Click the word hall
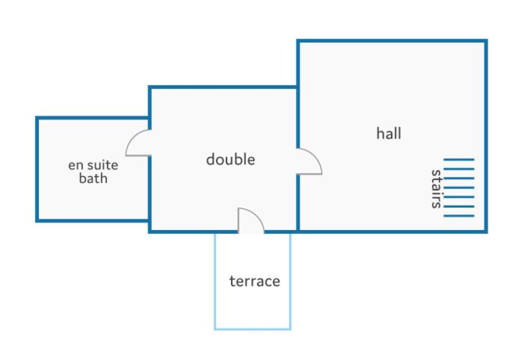click(x=389, y=133)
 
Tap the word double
click(x=230, y=159)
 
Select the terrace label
click(x=255, y=281)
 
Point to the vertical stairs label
click(x=436, y=189)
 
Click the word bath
click(x=93, y=178)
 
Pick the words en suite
click(x=93, y=165)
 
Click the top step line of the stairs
click(x=459, y=160)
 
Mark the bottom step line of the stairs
click(x=459, y=216)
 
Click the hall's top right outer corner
click(x=486, y=41)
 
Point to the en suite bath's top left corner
click(x=37, y=118)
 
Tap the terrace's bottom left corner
click(x=215, y=329)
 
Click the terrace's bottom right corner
click(x=290, y=329)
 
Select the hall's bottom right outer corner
click(x=486, y=232)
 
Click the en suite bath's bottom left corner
click(x=37, y=220)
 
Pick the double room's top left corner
click(x=150, y=87)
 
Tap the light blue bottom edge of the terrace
click(x=253, y=329)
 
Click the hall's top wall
click(x=392, y=41)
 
